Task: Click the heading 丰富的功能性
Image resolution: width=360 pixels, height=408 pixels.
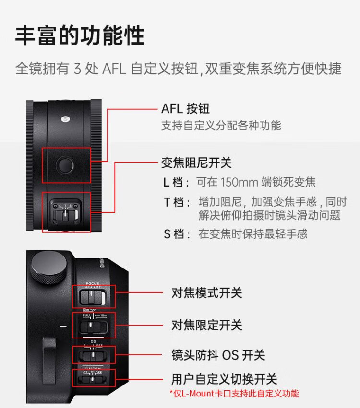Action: [x=80, y=35]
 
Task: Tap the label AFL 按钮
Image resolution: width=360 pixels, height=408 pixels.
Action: [x=185, y=109]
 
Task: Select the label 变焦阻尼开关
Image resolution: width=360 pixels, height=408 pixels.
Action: [x=196, y=163]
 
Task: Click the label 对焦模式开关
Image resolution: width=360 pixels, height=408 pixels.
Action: [x=206, y=292]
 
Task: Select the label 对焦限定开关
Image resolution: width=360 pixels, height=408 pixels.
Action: [x=206, y=325]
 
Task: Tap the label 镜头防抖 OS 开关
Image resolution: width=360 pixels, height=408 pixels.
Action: [x=218, y=355]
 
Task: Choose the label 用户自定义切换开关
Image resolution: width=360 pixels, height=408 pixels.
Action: [x=224, y=379]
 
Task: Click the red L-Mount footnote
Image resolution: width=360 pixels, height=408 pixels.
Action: [x=234, y=394]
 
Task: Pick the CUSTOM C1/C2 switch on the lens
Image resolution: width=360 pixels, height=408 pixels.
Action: [x=94, y=379]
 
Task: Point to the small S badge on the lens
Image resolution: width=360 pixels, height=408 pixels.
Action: [x=64, y=118]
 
